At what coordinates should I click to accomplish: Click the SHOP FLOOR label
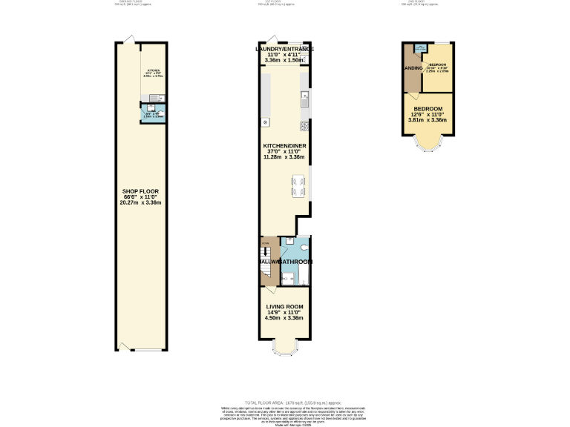point(141,191)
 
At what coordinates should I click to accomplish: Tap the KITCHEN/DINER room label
point(285,146)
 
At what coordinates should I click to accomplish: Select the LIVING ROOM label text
point(285,306)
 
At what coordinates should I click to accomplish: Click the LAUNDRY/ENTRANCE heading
point(285,49)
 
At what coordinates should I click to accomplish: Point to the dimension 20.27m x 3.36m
point(141,202)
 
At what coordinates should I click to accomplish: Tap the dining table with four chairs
point(299,186)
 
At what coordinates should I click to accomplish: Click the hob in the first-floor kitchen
point(304,124)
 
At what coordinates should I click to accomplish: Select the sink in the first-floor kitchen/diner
point(304,96)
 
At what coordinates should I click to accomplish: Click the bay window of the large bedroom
point(427,143)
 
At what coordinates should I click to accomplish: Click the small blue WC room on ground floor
point(154,113)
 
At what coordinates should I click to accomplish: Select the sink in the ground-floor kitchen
point(152,97)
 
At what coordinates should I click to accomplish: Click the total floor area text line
point(285,401)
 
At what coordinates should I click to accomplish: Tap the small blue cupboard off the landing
point(421,49)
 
